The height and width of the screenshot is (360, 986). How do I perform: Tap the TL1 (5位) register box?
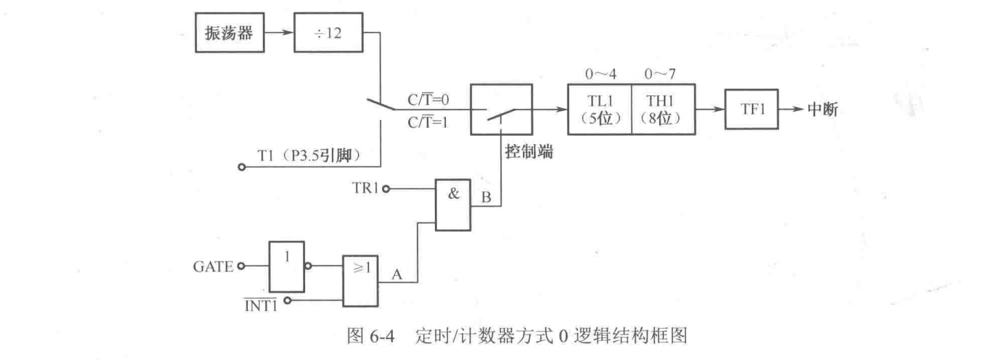[599, 110]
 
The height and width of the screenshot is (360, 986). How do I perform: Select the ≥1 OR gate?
[362, 279]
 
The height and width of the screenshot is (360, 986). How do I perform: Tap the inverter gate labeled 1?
[286, 266]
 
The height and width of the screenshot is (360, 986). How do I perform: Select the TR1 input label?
[363, 189]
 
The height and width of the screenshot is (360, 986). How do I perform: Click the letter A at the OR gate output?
[395, 275]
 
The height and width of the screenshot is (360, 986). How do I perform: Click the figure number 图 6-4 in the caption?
[384, 338]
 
